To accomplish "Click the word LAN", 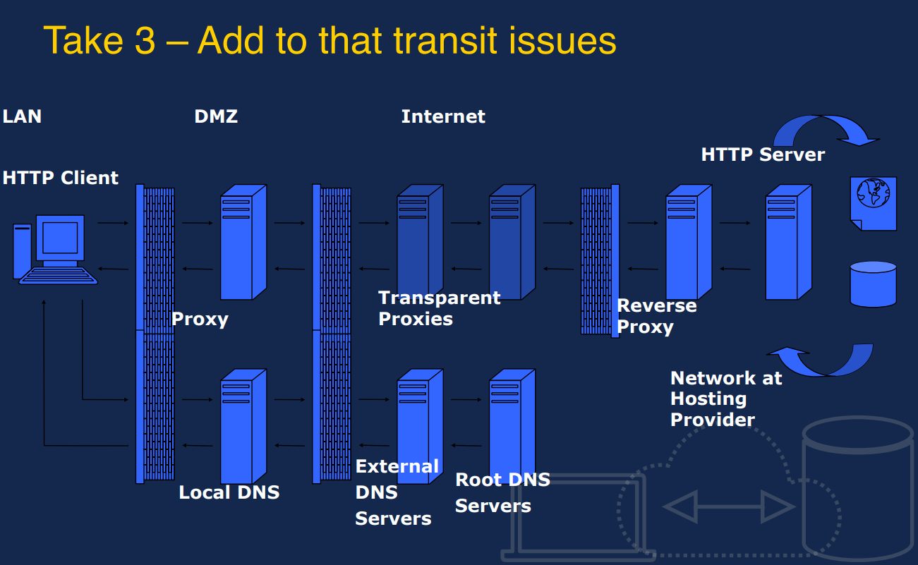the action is (22, 116).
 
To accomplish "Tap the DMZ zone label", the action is (216, 116).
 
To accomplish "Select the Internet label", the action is (443, 116).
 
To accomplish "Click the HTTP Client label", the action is (61, 178).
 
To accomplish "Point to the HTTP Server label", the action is (763, 154).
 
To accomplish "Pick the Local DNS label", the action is (229, 492).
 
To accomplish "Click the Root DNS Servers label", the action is (502, 492).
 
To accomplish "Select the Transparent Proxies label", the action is (439, 308).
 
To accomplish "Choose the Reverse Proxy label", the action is (656, 316).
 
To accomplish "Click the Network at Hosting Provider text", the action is (725, 399).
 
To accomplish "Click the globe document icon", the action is (874, 202).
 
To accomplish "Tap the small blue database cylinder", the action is (873, 284).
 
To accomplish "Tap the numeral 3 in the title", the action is (145, 40).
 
